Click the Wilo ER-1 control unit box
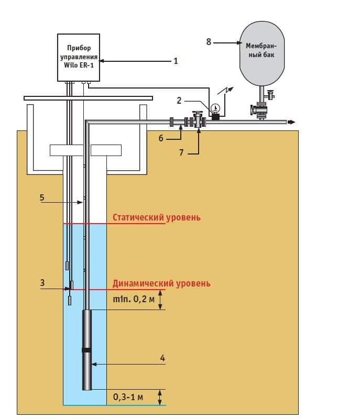79,57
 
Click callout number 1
176,61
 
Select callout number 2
179,100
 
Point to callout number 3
42,283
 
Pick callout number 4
162,358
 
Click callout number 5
42,197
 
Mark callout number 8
209,42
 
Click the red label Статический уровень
157,217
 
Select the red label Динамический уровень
161,283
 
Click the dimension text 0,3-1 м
128,396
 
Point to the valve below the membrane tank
260,111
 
